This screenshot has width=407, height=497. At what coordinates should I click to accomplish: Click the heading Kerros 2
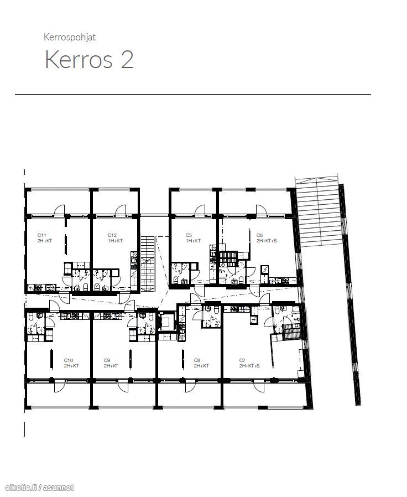89,59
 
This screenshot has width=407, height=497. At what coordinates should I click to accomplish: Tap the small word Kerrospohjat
70,37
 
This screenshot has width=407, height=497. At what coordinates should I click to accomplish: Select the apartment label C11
42,235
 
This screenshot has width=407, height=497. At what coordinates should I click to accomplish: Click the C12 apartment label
112,235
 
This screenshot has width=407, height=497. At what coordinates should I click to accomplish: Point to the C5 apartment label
189,235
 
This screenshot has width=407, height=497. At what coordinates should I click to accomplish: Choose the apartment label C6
259,235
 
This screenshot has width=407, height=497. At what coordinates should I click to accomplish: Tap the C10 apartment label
69,360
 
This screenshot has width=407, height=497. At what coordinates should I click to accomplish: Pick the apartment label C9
107,360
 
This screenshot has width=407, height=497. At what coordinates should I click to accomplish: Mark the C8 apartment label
197,360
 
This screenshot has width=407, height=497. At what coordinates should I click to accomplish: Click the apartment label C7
242,360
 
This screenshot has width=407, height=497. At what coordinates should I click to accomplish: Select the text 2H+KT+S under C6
267,241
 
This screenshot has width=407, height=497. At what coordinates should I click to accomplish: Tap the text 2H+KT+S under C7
249,366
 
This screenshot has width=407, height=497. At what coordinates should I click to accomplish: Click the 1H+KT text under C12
115,241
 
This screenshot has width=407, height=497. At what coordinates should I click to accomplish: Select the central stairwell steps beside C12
148,263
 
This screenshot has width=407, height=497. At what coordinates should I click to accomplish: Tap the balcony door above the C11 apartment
59,210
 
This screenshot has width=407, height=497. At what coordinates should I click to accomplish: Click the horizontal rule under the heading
193,94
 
